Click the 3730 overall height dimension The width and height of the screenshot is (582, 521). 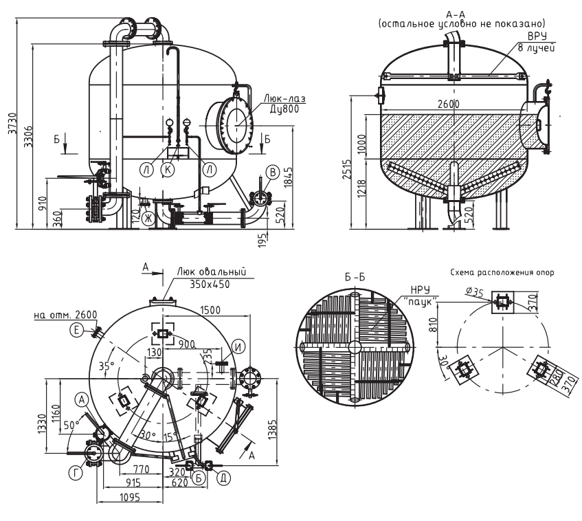(12, 123)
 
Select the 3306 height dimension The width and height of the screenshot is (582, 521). (28, 136)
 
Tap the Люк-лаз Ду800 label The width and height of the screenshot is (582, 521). (284, 103)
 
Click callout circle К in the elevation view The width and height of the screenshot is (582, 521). (168, 170)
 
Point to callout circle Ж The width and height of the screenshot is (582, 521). (148, 219)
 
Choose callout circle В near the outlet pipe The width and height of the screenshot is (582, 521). (273, 172)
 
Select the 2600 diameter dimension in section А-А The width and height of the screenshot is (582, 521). (448, 104)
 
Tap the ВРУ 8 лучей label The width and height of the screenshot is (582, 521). (537, 42)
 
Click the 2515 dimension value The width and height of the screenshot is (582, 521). (346, 169)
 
